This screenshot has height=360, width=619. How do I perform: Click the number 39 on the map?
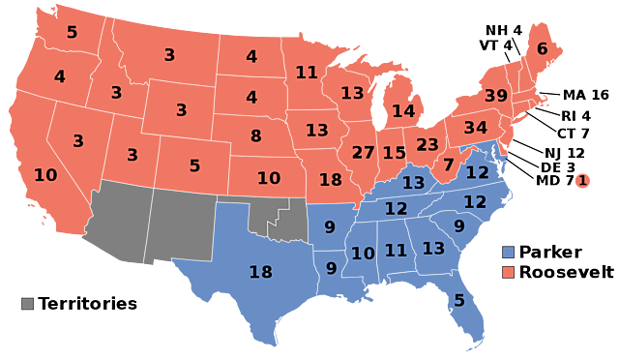[x=495, y=96]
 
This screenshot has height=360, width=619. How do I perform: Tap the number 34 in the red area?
[x=475, y=128]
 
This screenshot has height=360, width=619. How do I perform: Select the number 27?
[x=363, y=153]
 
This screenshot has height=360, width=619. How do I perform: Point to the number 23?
[x=427, y=145]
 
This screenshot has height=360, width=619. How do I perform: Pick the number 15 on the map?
[x=394, y=153]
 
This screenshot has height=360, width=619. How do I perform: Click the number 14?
[x=403, y=111]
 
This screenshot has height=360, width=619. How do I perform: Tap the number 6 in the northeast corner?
[x=542, y=49]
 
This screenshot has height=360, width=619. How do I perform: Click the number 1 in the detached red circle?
[x=582, y=180]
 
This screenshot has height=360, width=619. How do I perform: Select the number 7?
[x=448, y=165]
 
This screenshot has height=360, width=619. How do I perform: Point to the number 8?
[x=255, y=136]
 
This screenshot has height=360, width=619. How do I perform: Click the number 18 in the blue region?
[x=260, y=273]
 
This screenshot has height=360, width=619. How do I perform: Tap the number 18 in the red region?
[x=330, y=180]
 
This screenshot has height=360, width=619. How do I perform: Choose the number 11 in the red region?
[x=307, y=73]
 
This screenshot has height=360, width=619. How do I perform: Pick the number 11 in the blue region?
[x=396, y=251]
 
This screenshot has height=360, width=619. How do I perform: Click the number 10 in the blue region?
[x=363, y=254]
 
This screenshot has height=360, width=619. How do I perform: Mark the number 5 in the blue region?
[x=459, y=301]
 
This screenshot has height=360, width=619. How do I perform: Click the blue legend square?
[x=508, y=252]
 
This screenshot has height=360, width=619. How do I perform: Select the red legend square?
[x=508, y=272]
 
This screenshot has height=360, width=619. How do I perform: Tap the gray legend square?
[x=28, y=304]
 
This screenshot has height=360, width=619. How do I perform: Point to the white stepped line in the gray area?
[x=279, y=215]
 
